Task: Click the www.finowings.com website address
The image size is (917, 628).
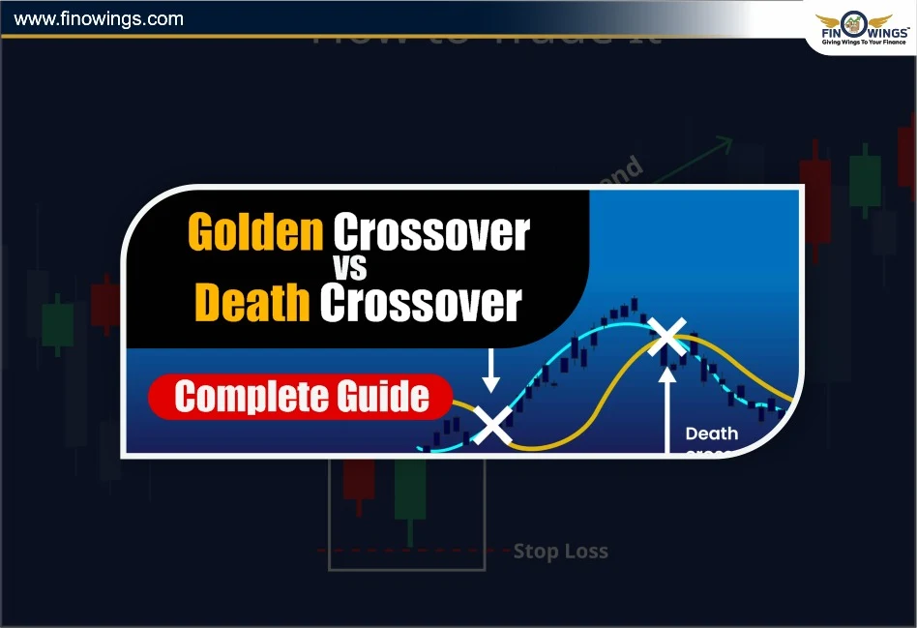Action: click(x=100, y=18)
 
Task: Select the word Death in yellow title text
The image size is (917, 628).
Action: click(x=252, y=303)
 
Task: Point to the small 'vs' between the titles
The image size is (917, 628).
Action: click(x=360, y=268)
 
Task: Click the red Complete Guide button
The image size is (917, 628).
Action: click(x=301, y=397)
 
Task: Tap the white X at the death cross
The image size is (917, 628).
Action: click(x=666, y=338)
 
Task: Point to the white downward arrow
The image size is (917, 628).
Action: click(x=491, y=372)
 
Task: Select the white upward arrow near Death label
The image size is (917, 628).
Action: click(x=666, y=406)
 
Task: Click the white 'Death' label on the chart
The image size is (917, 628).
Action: click(x=711, y=434)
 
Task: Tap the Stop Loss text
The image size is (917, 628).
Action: click(x=560, y=552)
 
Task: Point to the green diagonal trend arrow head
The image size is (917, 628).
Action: click(x=725, y=144)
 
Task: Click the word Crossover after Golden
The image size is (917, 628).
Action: click(x=431, y=233)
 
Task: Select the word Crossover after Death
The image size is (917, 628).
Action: click(x=421, y=303)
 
